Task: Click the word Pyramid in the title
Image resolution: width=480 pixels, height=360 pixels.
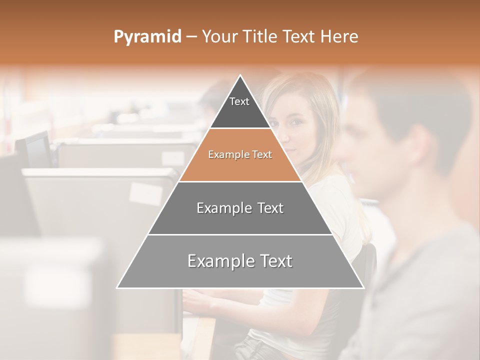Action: click(147, 37)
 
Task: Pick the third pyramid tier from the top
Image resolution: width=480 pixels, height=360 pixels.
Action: click(240, 208)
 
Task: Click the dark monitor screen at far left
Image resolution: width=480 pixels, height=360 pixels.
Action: click(38, 150)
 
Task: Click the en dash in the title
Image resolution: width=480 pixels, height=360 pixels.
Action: click(191, 37)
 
